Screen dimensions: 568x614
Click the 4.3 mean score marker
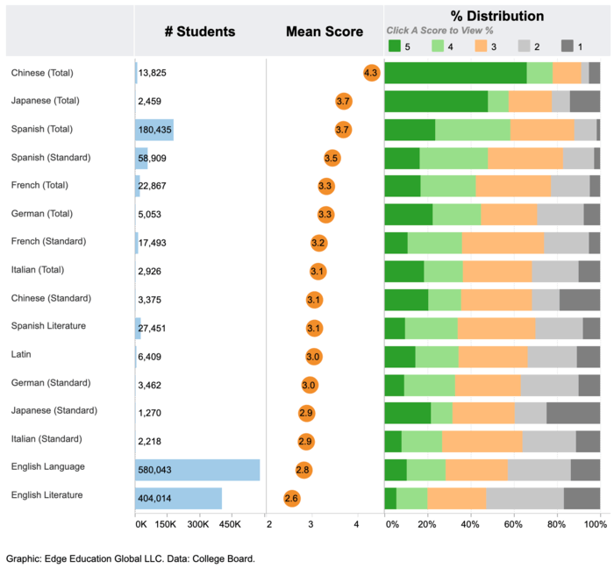pyautogui.click(x=371, y=73)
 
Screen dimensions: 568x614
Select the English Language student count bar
pyautogui.click(x=197, y=470)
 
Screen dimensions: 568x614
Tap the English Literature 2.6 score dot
pyautogui.click(x=292, y=498)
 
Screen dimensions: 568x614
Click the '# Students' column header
pyautogui.click(x=200, y=32)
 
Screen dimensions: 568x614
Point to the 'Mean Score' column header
pyautogui.click(x=325, y=32)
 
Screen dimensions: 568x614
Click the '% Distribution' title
pyautogui.click(x=497, y=16)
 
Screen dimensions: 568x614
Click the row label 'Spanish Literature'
pyautogui.click(x=48, y=326)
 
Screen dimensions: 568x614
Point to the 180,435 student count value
pyautogui.click(x=155, y=130)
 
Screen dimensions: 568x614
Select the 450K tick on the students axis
pyautogui.click(x=230, y=524)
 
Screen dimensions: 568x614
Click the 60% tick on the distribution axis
pyautogui.click(x=514, y=524)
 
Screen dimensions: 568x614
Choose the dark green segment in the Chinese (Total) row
pyautogui.click(x=455, y=73)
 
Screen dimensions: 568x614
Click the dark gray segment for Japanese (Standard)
pyautogui.click(x=573, y=414)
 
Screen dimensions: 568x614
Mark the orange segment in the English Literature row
pyautogui.click(x=456, y=498)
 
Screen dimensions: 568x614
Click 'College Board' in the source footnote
pyautogui.click(x=225, y=557)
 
